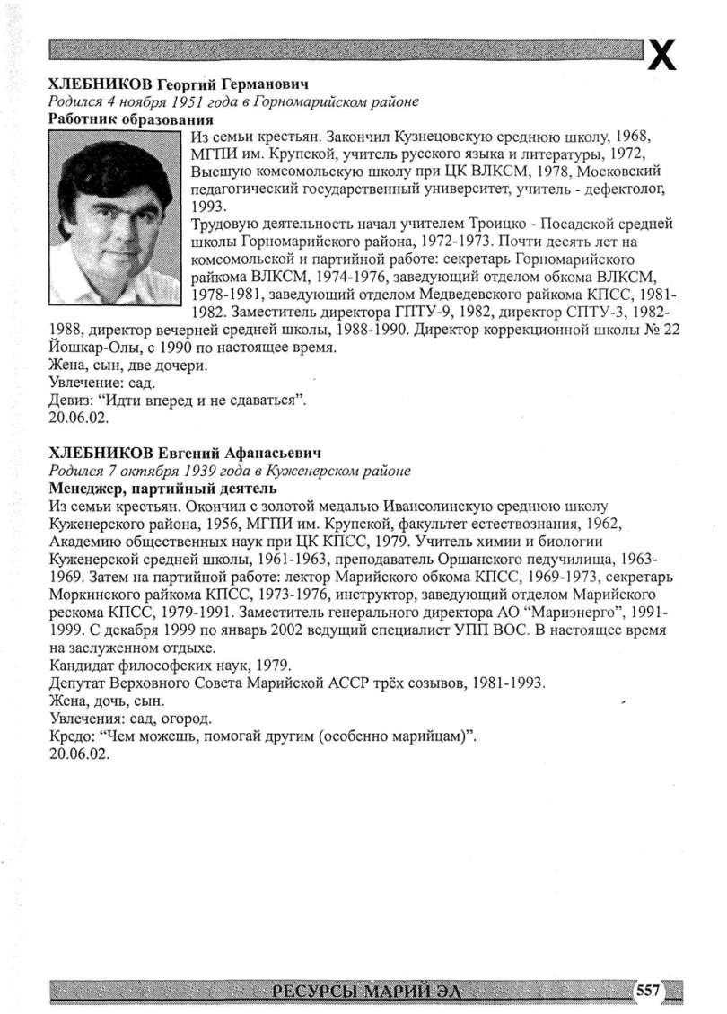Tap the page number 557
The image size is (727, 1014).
(647, 991)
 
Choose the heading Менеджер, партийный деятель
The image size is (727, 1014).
(162, 489)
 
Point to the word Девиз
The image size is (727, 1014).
(71, 401)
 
